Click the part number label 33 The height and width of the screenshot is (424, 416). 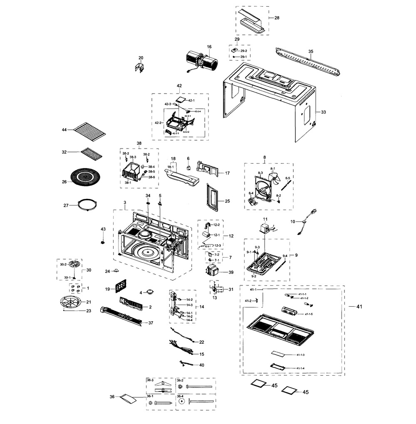[x=324, y=112]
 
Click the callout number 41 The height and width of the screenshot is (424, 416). [x=359, y=307]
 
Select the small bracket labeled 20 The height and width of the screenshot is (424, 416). [x=140, y=66]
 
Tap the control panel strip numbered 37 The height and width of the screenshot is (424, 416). [x=121, y=316]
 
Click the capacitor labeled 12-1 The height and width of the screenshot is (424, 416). [x=206, y=235]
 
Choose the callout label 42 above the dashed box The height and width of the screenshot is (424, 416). [x=179, y=86]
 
